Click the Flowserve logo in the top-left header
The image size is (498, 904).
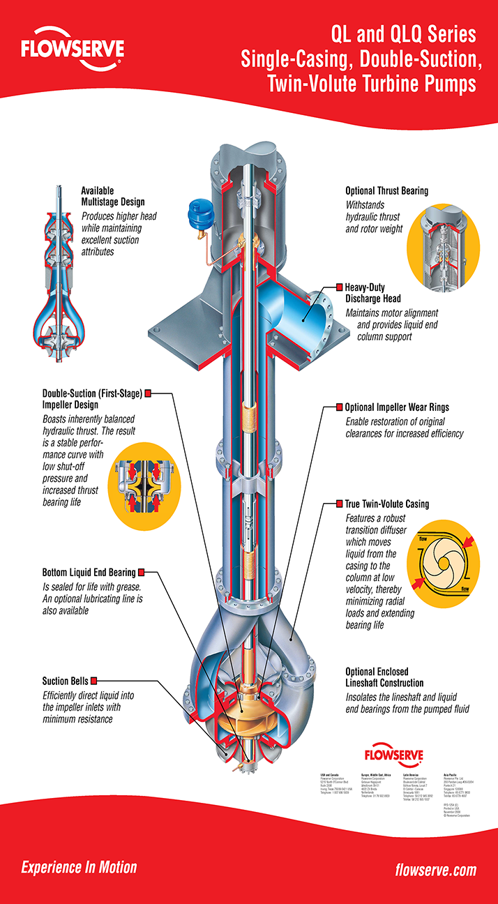coord(73,50)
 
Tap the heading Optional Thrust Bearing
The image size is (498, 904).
coord(386,190)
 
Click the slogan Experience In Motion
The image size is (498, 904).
coord(79,868)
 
